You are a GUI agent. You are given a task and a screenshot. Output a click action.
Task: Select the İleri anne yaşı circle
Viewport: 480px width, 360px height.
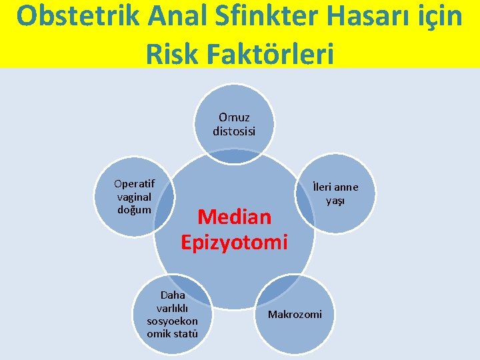335,193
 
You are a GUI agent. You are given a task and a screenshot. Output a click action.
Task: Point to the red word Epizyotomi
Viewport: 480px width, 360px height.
234,241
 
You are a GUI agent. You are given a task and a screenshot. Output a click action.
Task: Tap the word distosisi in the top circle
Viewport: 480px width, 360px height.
234,131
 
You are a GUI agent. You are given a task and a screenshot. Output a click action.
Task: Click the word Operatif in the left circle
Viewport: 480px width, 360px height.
134,183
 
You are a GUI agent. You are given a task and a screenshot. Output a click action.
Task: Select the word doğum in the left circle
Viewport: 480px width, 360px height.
134,209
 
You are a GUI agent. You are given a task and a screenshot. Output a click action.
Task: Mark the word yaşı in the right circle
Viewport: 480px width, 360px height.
335,201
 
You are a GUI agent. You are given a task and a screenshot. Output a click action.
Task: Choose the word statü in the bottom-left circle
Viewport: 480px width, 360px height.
185,333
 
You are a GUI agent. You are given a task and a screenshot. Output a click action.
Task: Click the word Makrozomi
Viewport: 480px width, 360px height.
295,314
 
